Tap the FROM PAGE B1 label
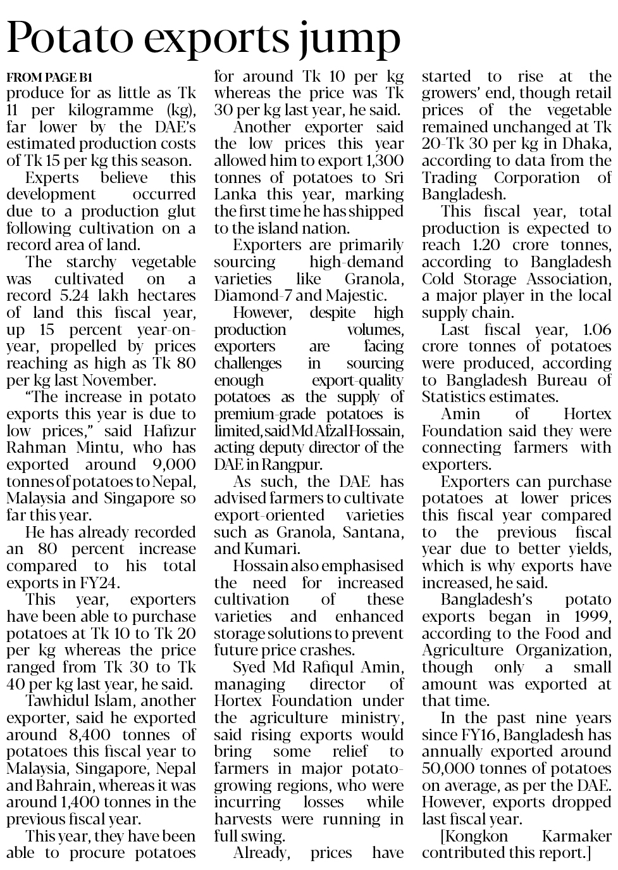tap(49, 78)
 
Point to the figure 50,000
tap(452, 768)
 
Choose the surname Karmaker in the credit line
tap(577, 836)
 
